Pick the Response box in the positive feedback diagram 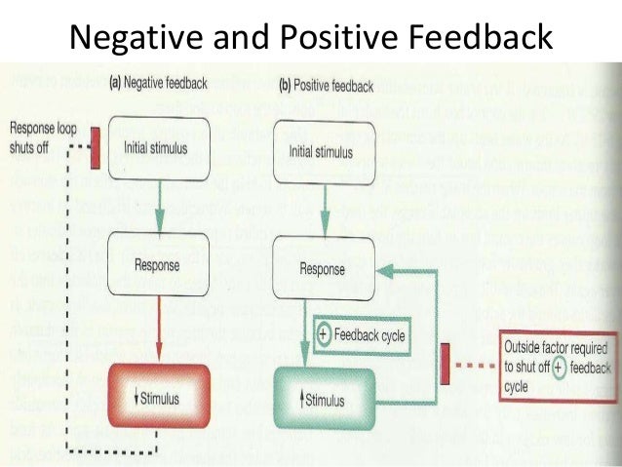point(321,267)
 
